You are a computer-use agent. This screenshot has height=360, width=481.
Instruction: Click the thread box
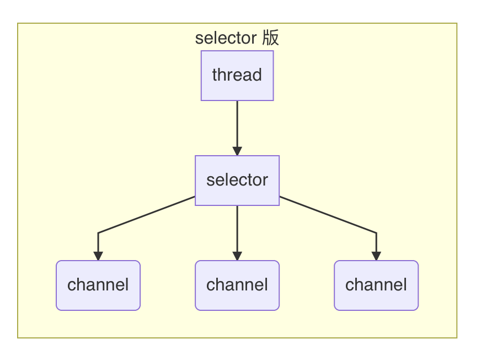(x=237, y=76)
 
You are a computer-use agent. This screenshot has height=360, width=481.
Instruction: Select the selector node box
(x=237, y=181)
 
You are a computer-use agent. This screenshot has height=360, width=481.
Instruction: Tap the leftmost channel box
(x=98, y=285)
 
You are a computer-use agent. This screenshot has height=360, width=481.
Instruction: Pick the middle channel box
(x=237, y=285)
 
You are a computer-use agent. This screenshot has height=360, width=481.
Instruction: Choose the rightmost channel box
(x=376, y=285)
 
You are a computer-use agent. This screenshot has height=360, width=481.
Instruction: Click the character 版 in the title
(x=270, y=38)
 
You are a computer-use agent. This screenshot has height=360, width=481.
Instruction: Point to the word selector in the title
(x=226, y=38)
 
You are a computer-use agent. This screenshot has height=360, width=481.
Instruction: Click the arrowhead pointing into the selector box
(x=237, y=151)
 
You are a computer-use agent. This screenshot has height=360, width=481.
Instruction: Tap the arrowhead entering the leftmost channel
(x=98, y=256)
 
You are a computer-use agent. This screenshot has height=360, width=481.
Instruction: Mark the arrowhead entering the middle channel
(x=237, y=256)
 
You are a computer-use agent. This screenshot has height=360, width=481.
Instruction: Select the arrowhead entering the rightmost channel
(x=376, y=256)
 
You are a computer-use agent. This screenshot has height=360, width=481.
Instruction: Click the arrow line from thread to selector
(x=237, y=124)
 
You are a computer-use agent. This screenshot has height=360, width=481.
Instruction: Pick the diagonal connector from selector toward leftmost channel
(x=146, y=215)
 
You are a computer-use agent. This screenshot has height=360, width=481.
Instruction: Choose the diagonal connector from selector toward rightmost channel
(x=328, y=215)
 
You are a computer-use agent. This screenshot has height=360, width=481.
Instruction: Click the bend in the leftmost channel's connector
(x=98, y=233)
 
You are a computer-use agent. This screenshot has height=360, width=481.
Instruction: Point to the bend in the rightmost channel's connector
(x=376, y=233)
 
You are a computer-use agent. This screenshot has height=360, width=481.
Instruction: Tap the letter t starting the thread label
(x=215, y=75)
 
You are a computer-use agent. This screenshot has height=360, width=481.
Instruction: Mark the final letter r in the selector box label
(x=265, y=181)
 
